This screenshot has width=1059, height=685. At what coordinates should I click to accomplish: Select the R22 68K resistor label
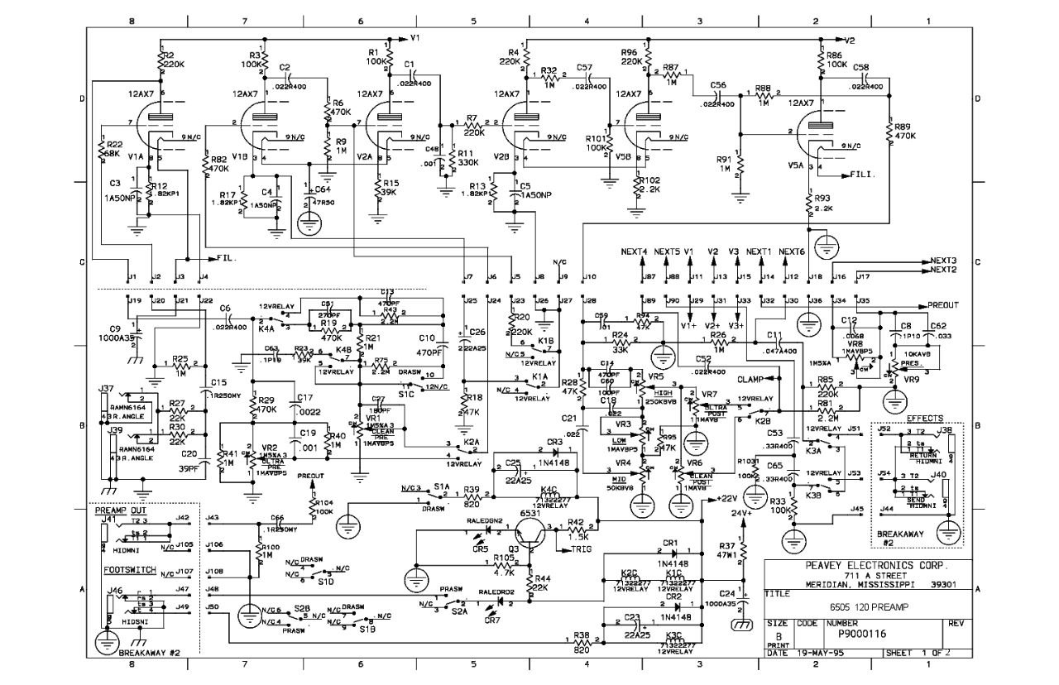coord(114,149)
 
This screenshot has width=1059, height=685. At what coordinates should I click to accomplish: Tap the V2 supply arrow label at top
coord(850,39)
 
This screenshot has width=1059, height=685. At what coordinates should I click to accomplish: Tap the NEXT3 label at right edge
coord(944,260)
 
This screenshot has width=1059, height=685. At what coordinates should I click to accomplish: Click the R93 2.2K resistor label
coord(823,203)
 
